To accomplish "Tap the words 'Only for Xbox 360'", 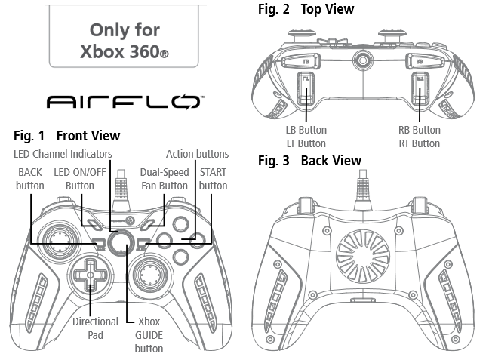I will [x=125, y=42].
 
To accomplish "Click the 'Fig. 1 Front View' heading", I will [x=67, y=136].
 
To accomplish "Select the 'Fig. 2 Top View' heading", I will [x=306, y=9].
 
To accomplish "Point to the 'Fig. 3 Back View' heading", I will [x=309, y=161].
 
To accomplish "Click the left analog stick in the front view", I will [x=55, y=239].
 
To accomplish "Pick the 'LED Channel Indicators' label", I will [x=63, y=154].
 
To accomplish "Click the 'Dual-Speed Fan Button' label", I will [x=164, y=179].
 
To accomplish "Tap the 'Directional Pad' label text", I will [x=96, y=328].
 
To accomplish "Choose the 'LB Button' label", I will [x=306, y=130].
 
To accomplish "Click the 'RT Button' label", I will [x=420, y=143].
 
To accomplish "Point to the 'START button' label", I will [x=212, y=179].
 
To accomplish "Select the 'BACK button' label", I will [x=30, y=179].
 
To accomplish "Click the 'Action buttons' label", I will [x=196, y=154].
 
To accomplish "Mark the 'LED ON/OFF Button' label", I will [x=79, y=179].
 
